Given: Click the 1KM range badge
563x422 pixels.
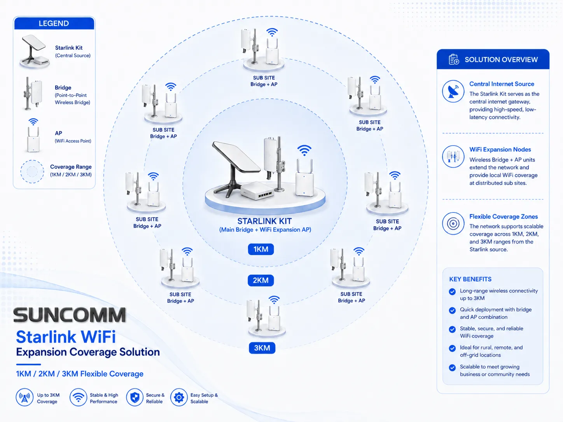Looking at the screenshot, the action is [261, 249].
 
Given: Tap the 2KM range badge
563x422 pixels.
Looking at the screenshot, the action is [261, 280].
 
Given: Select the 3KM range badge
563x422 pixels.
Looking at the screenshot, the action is [262, 348].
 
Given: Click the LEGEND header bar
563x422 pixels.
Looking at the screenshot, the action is [54, 23].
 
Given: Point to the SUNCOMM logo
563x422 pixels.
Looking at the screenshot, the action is [70, 315].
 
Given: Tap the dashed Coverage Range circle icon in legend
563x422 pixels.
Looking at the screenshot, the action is [32, 171].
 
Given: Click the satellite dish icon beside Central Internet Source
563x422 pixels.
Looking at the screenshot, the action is [453, 91].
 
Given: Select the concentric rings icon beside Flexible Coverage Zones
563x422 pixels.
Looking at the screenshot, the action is [453, 223].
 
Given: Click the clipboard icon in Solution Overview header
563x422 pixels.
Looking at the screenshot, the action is [454, 59].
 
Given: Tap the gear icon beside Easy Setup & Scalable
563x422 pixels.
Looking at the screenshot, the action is [179, 398].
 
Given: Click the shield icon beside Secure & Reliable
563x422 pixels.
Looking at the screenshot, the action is [135, 398].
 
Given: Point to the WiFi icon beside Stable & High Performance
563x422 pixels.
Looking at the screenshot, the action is [78, 398].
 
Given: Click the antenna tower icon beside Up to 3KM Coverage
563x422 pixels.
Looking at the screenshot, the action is [24, 398].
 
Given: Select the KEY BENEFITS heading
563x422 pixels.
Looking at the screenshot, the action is [470, 279].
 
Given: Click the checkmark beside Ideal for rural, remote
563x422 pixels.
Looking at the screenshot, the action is [452, 348].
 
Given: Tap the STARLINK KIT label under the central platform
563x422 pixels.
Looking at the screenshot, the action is [264, 221].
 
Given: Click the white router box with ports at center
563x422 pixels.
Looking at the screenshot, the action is [257, 191].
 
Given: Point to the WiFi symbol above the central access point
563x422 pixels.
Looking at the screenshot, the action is [304, 150].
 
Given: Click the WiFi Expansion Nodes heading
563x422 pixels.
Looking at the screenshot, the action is [500, 149].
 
